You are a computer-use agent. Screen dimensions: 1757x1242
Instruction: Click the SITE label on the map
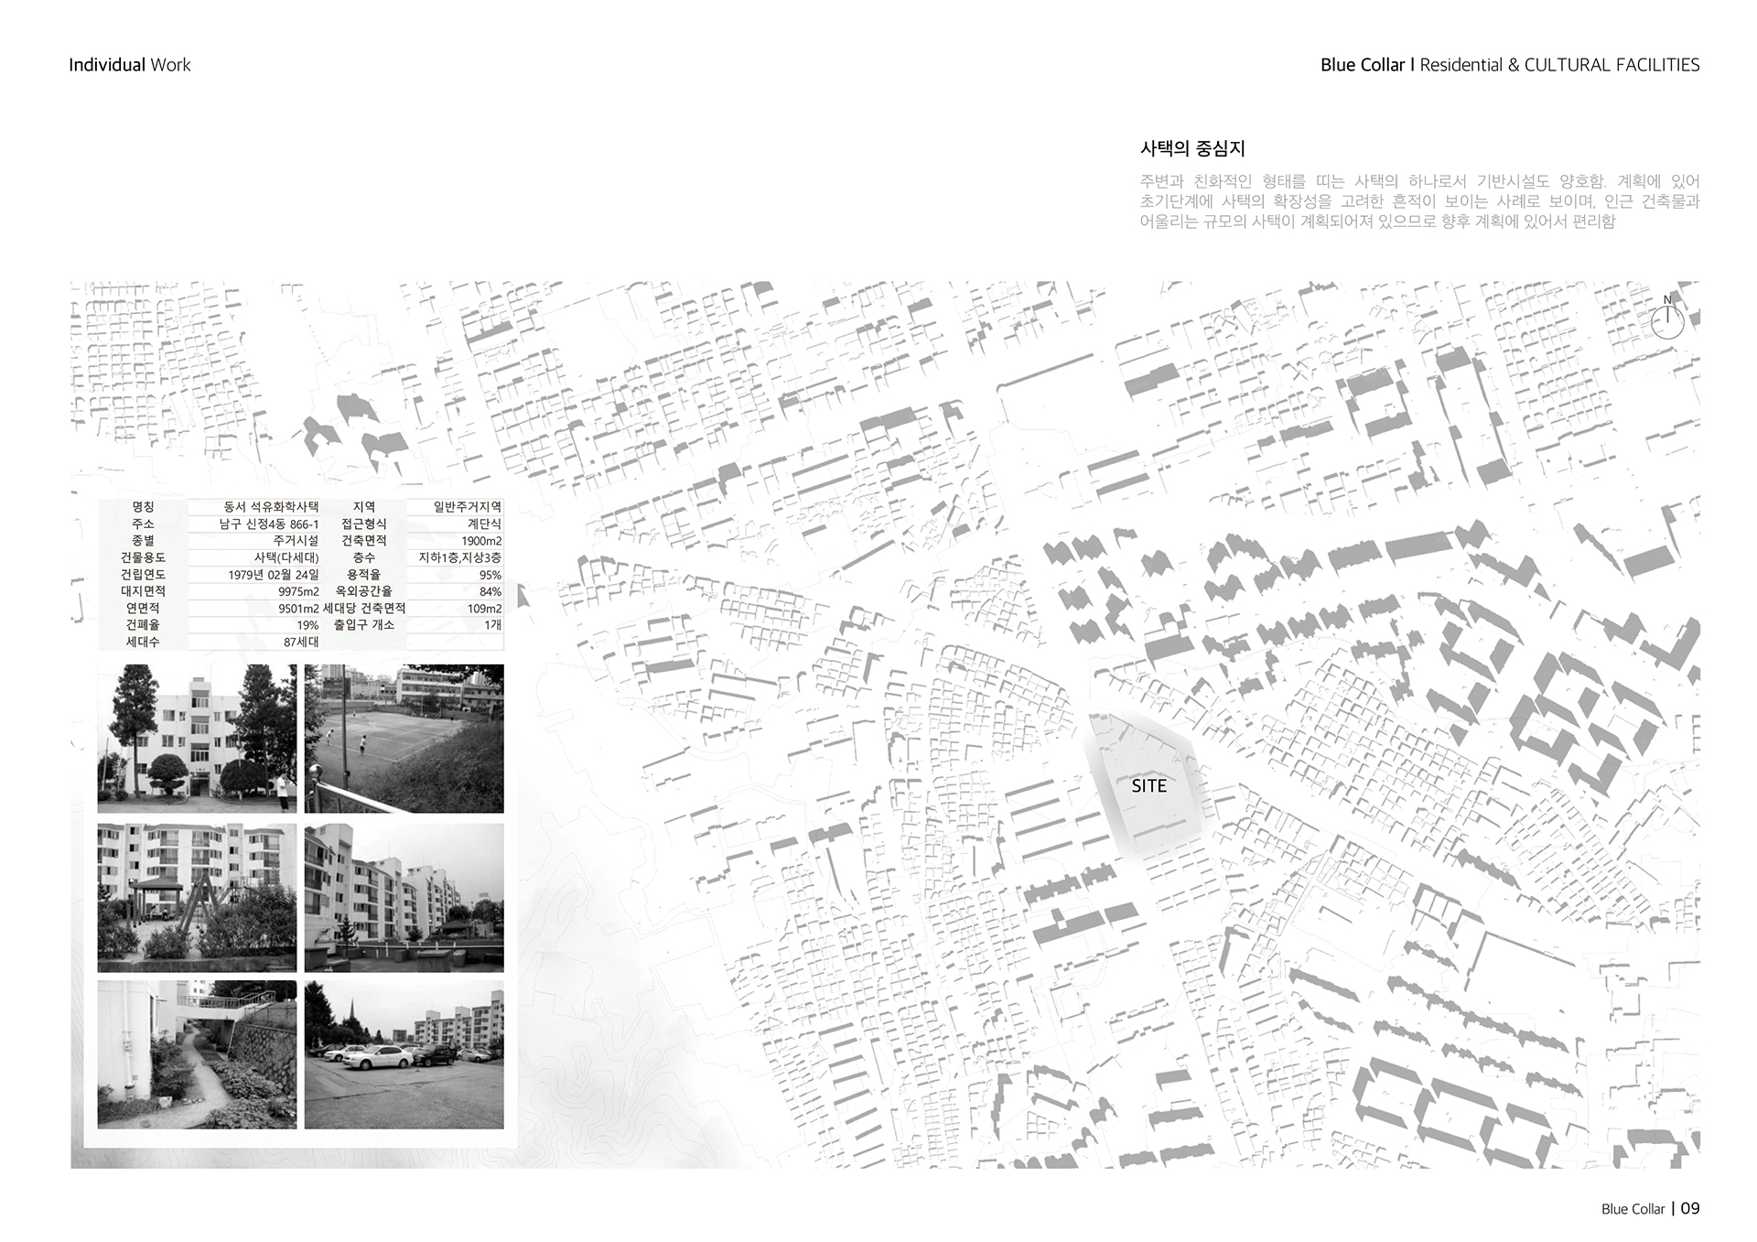click(x=1148, y=786)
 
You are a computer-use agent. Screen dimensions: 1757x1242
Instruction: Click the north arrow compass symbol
click(x=1667, y=320)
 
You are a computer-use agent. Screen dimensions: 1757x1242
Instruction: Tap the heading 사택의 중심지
click(x=1192, y=148)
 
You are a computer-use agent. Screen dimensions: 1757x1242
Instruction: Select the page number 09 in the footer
click(x=1690, y=1208)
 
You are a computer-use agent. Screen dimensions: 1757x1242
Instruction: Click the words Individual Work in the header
click(x=129, y=65)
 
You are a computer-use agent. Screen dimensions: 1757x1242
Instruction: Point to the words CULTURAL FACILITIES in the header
click(x=1611, y=65)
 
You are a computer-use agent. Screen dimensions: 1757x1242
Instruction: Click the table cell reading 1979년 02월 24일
click(x=274, y=575)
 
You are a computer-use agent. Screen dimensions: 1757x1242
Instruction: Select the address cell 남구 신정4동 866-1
click(x=269, y=524)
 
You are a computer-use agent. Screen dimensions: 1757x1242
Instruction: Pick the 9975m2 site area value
click(x=298, y=592)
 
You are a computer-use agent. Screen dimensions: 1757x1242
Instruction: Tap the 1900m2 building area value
click(x=481, y=541)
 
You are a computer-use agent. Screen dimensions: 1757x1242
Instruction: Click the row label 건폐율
click(x=143, y=625)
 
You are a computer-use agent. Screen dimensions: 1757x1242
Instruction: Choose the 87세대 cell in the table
click(x=301, y=643)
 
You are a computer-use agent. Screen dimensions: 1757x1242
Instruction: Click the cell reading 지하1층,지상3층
click(x=459, y=558)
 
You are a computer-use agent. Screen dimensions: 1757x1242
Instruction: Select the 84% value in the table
click(x=490, y=592)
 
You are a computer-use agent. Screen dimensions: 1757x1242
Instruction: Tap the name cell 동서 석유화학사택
click(x=271, y=507)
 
